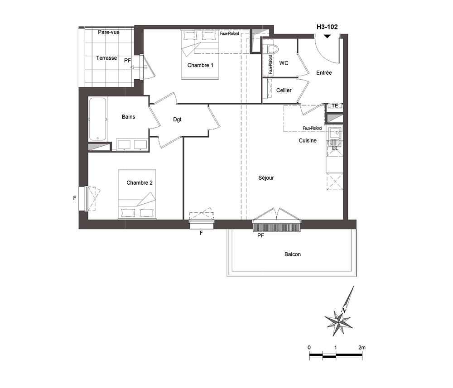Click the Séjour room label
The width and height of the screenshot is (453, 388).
pyautogui.click(x=266, y=178)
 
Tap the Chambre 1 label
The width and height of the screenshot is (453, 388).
pyautogui.click(x=200, y=65)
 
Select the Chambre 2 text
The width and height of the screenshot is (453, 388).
pyautogui.click(x=139, y=183)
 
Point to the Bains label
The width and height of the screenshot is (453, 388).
pyautogui.click(x=128, y=117)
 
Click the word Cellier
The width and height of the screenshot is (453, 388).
pyautogui.click(x=284, y=91)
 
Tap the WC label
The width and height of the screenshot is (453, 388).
pyautogui.click(x=284, y=63)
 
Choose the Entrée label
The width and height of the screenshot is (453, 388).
pyautogui.click(x=324, y=73)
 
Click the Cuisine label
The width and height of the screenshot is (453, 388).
pyautogui.click(x=308, y=141)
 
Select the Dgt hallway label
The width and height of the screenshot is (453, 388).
pyautogui.click(x=178, y=120)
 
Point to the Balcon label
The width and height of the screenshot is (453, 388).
pyautogui.click(x=292, y=254)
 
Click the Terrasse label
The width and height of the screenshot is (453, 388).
pyautogui.click(x=106, y=58)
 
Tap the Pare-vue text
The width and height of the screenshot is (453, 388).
pyautogui.click(x=109, y=32)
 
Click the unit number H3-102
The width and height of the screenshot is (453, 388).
pyautogui.click(x=327, y=27)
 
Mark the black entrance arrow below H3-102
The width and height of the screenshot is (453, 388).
pyautogui.click(x=327, y=36)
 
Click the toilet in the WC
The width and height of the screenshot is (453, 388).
pyautogui.click(x=271, y=48)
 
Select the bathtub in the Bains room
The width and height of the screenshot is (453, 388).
pyautogui.click(x=98, y=119)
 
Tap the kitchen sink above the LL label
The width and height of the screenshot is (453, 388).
pyautogui.click(x=335, y=134)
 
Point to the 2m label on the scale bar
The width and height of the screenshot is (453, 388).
pyautogui.click(x=361, y=348)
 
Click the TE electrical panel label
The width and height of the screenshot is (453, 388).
pyautogui.click(x=335, y=106)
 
